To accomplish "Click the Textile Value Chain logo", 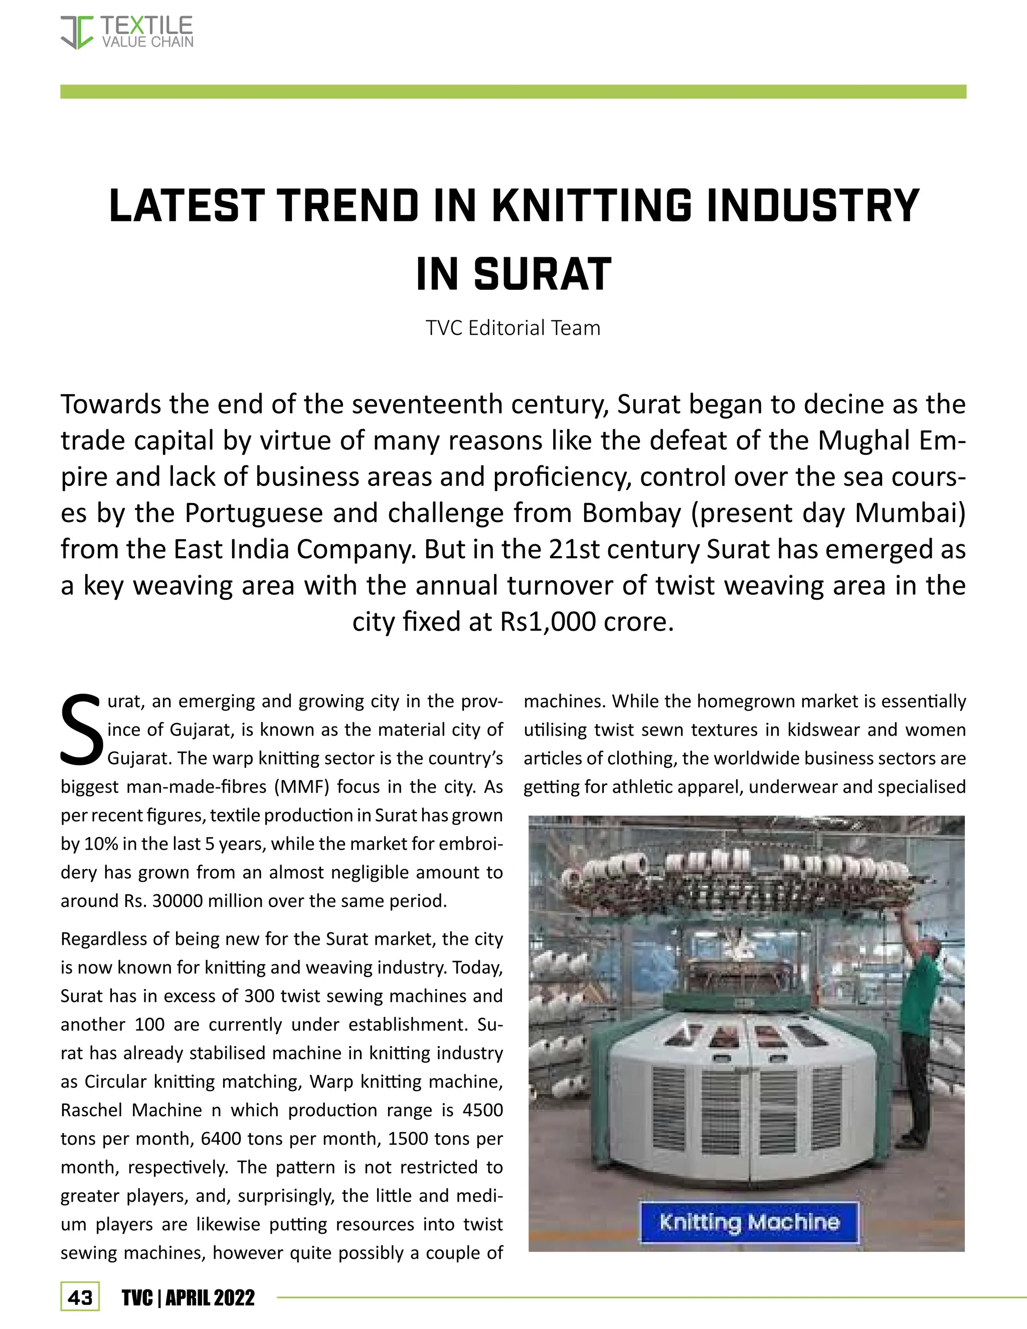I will click(126, 32).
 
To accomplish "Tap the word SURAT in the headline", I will click(543, 274).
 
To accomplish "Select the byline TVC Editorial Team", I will click(513, 328).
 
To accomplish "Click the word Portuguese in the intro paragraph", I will click(254, 513).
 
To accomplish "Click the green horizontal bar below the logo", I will click(513, 91).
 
